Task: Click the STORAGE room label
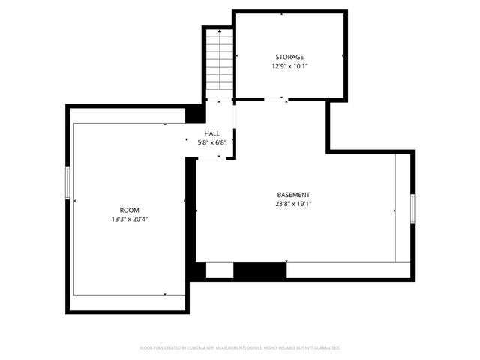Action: point(289,57)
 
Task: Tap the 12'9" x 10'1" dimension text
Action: point(289,66)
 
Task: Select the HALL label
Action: point(212,133)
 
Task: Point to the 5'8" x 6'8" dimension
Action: point(212,142)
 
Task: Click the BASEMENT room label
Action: point(293,195)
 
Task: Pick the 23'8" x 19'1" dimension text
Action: point(293,204)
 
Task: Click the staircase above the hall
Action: point(218,60)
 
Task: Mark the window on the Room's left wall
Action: point(67,184)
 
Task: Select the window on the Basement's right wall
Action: point(412,208)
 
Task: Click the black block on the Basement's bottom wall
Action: point(260,270)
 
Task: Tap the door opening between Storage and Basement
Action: point(275,99)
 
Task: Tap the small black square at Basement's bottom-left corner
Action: point(198,270)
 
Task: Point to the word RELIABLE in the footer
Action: point(289,348)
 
